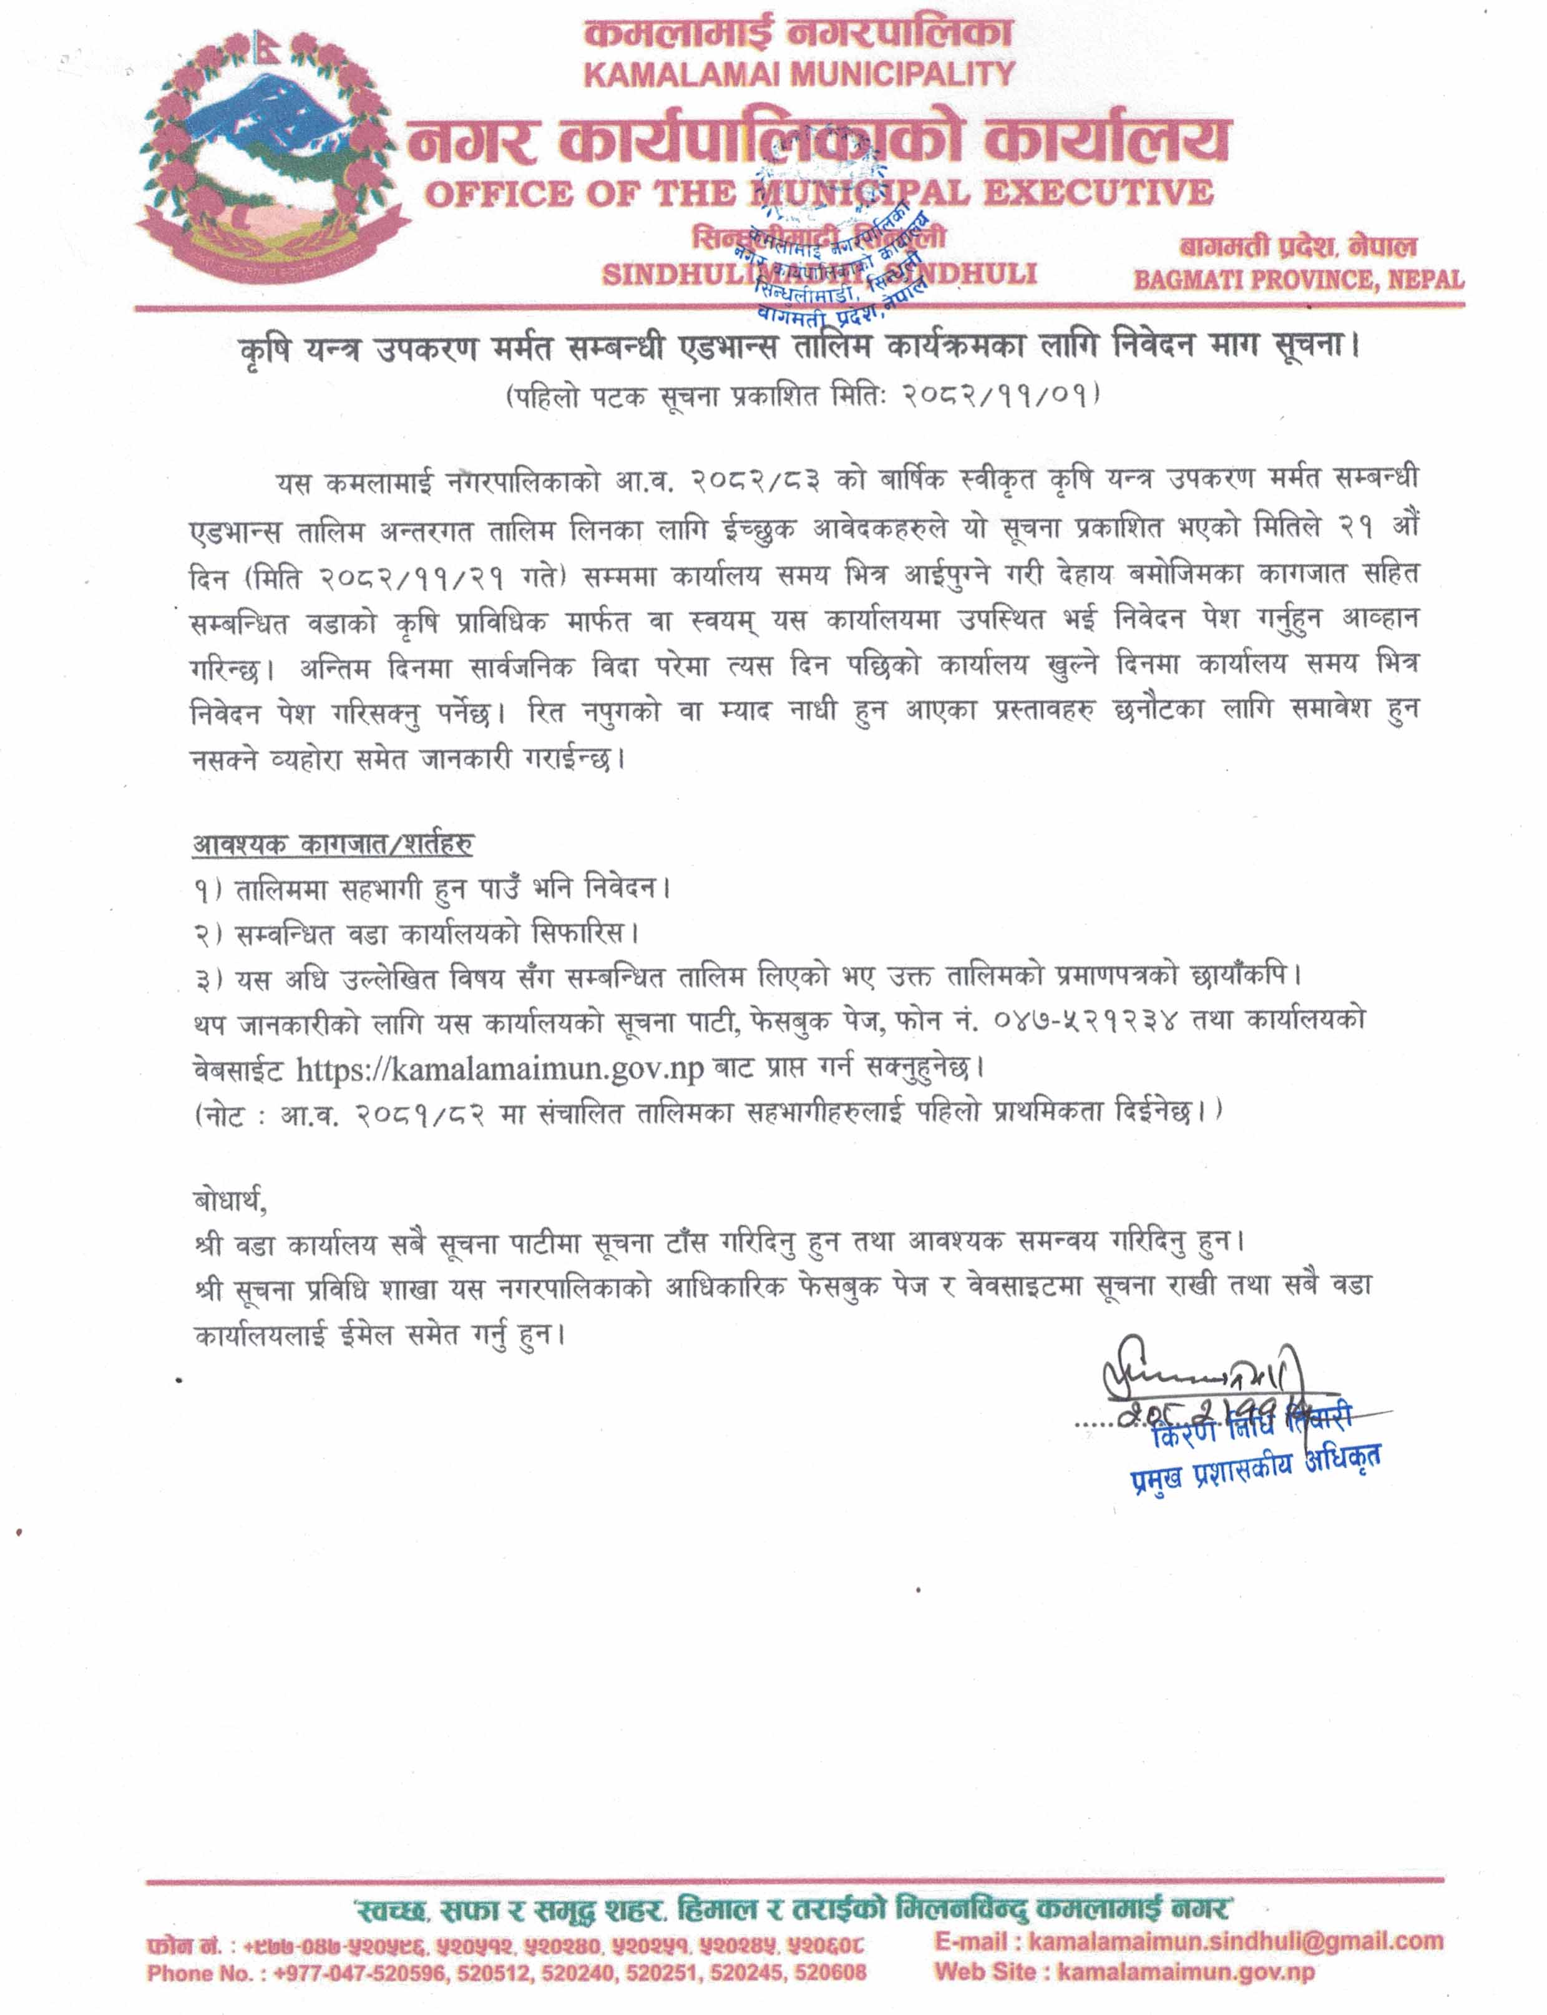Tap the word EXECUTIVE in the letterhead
tap(1098, 193)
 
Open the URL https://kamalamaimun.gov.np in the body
tap(499, 1069)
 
